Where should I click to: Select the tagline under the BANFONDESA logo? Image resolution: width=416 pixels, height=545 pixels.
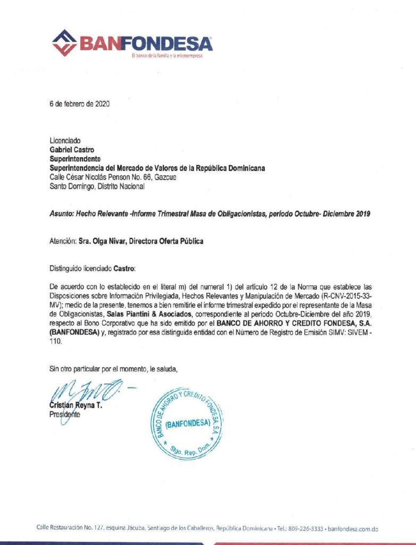[167, 55]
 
